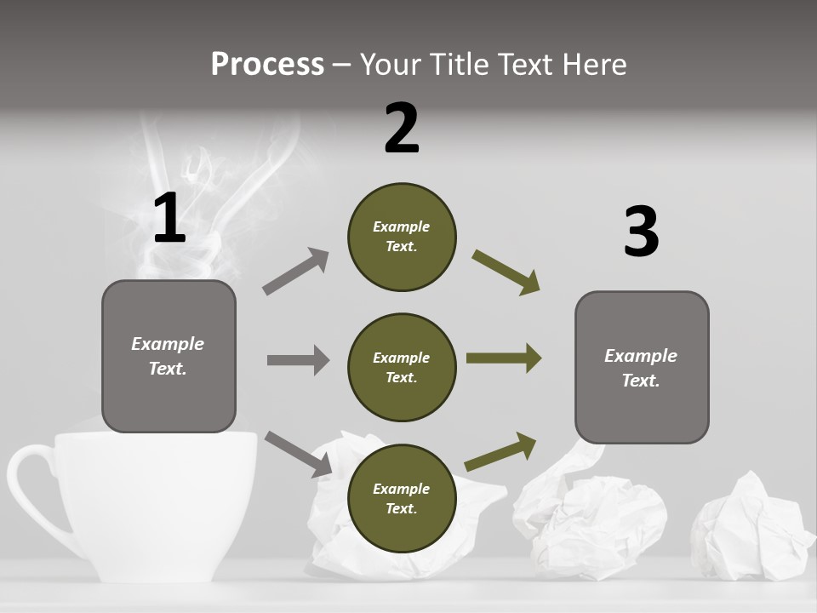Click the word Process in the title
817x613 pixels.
(267, 64)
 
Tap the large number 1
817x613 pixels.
(169, 218)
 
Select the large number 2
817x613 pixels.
(402, 128)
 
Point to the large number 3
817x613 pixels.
(641, 232)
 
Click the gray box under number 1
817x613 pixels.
(169, 356)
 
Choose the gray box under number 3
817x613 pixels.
(642, 367)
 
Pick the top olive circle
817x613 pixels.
(402, 237)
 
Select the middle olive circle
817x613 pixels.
(402, 367)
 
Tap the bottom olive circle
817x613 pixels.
(402, 498)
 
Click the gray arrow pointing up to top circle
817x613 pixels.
(296, 272)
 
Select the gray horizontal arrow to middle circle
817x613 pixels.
(298, 360)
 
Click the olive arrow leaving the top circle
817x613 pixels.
(506, 272)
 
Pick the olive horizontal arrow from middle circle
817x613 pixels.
(504, 358)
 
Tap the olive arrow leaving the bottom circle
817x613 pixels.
(500, 452)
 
